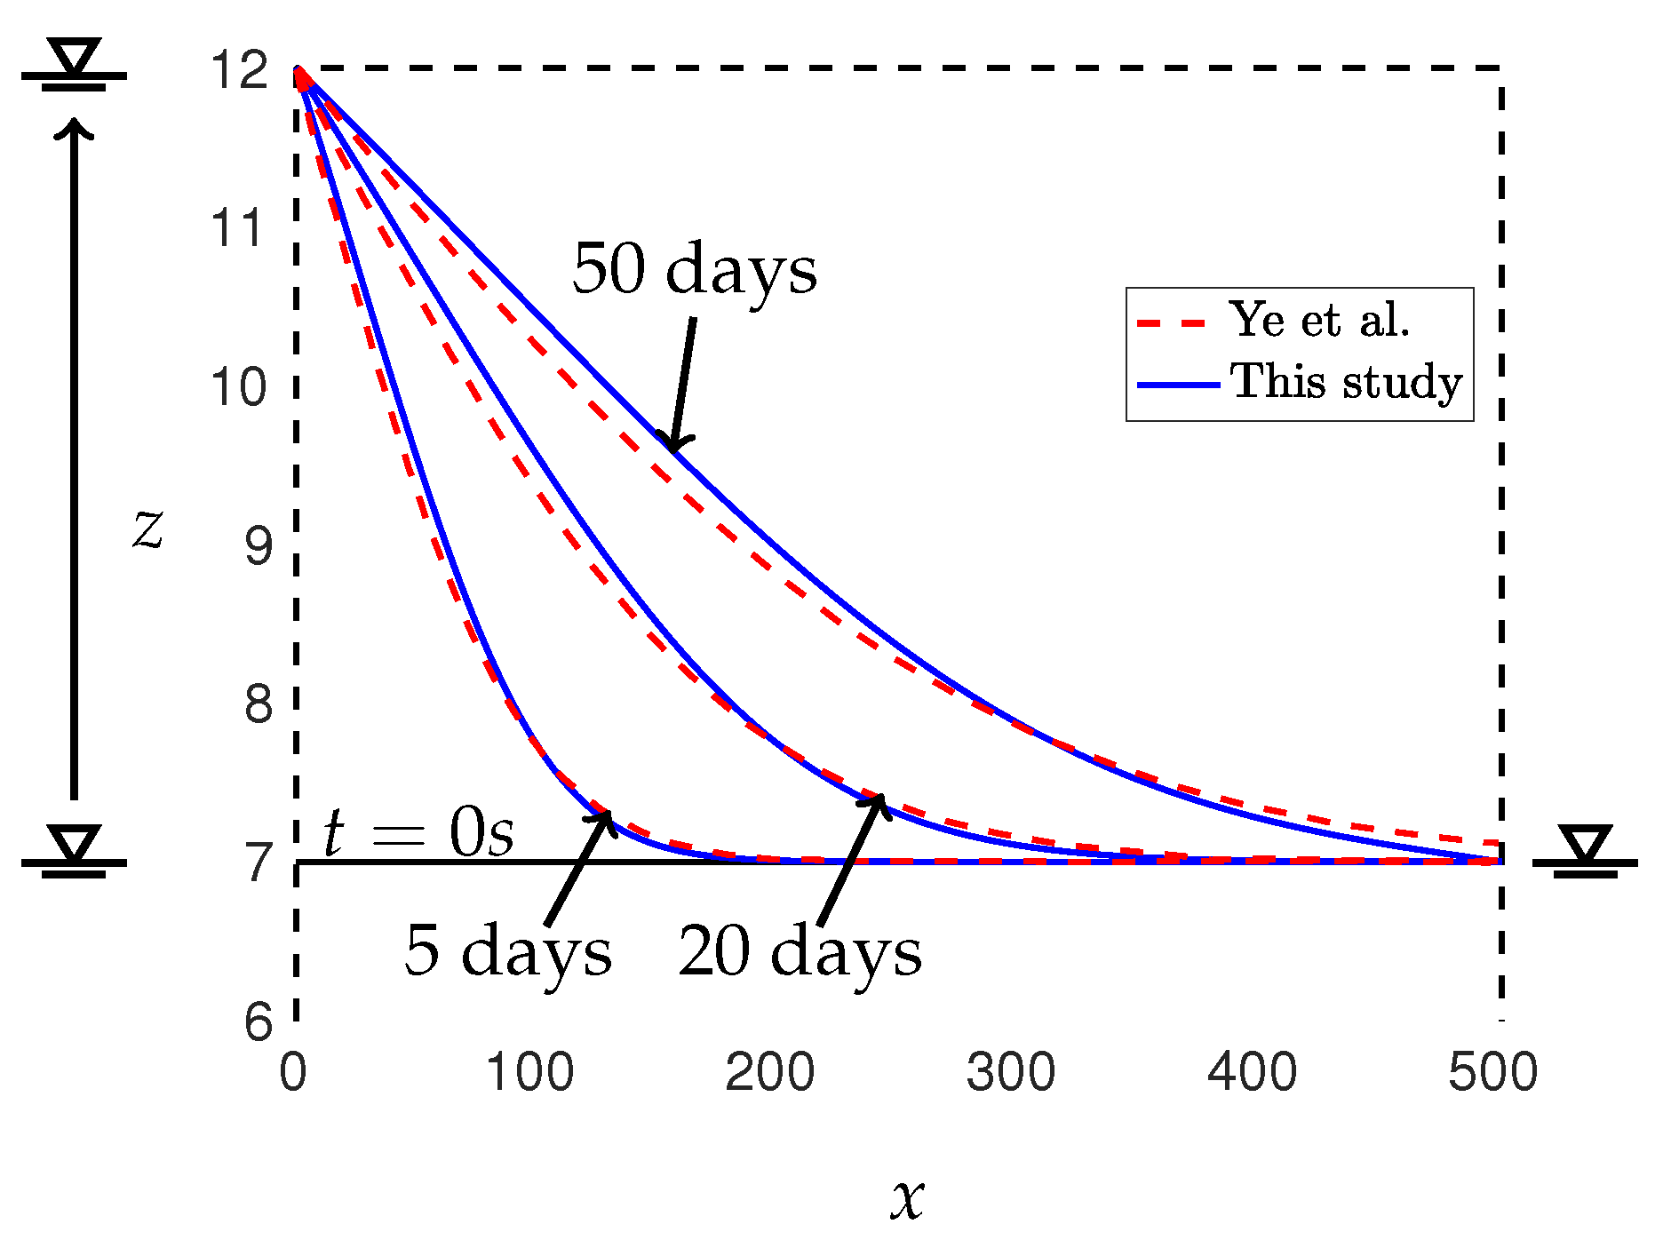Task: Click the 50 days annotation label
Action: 694,269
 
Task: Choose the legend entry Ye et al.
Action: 1319,320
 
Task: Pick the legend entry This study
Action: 1346,382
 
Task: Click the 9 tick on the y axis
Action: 259,545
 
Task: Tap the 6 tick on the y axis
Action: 259,1021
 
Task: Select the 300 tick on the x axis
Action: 1010,1073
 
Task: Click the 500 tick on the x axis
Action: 1492,1073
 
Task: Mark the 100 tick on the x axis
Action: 529,1073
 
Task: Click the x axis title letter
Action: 907,1199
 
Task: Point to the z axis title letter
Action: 148,529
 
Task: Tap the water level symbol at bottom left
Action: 75,850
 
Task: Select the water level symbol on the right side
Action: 1585,850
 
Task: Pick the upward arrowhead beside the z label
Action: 75,129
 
